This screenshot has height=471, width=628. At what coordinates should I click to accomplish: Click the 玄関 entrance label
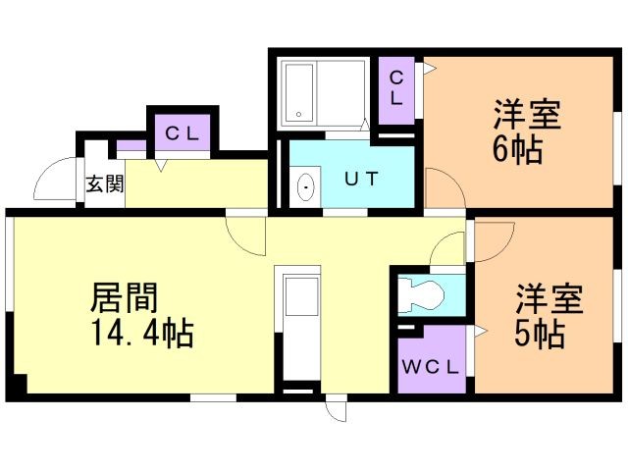point(105,184)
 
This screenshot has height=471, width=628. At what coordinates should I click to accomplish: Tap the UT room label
point(361,179)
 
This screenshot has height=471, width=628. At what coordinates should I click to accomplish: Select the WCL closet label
point(430,367)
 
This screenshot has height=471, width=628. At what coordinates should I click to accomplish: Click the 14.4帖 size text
point(143,333)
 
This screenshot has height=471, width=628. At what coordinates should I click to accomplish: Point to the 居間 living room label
point(125,297)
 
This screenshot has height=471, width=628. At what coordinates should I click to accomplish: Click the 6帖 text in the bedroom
point(518,149)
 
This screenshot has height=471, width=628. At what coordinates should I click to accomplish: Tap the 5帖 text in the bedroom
point(540,334)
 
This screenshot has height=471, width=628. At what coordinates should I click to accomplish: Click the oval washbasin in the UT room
point(307,187)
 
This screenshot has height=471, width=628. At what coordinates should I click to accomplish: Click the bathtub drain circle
point(298,115)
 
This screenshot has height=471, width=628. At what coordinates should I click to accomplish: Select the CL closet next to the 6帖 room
point(396,90)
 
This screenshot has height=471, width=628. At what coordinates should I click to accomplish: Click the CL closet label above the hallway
point(183,133)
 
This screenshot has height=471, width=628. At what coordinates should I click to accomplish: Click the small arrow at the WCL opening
point(480,332)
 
